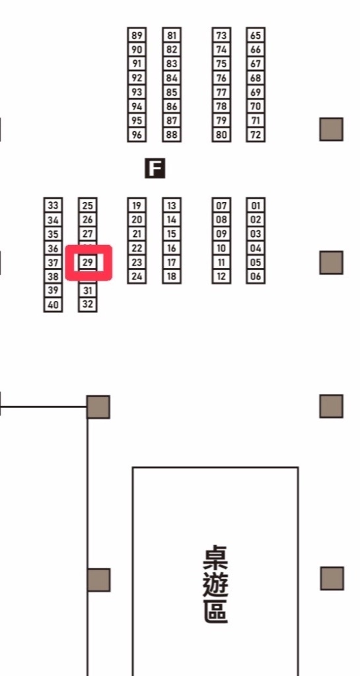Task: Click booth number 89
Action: coord(137,36)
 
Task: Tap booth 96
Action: coord(137,135)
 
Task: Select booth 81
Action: coord(172,36)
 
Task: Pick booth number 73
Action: coord(221,36)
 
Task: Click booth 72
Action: coord(256,135)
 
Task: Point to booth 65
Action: coord(256,36)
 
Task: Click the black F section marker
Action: coord(155,168)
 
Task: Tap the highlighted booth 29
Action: coord(87,262)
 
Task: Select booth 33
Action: coord(53,205)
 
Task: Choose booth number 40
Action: coord(53,305)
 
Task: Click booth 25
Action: coord(87,205)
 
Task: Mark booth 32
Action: coord(87,305)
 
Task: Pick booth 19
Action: coord(137,205)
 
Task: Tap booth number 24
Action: coord(137,277)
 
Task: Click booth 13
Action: coord(172,205)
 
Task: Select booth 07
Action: coord(221,205)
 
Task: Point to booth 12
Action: coord(221,277)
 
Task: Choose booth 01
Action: coord(256,205)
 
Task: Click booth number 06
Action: coord(256,277)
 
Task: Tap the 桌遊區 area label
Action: coord(215,584)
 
